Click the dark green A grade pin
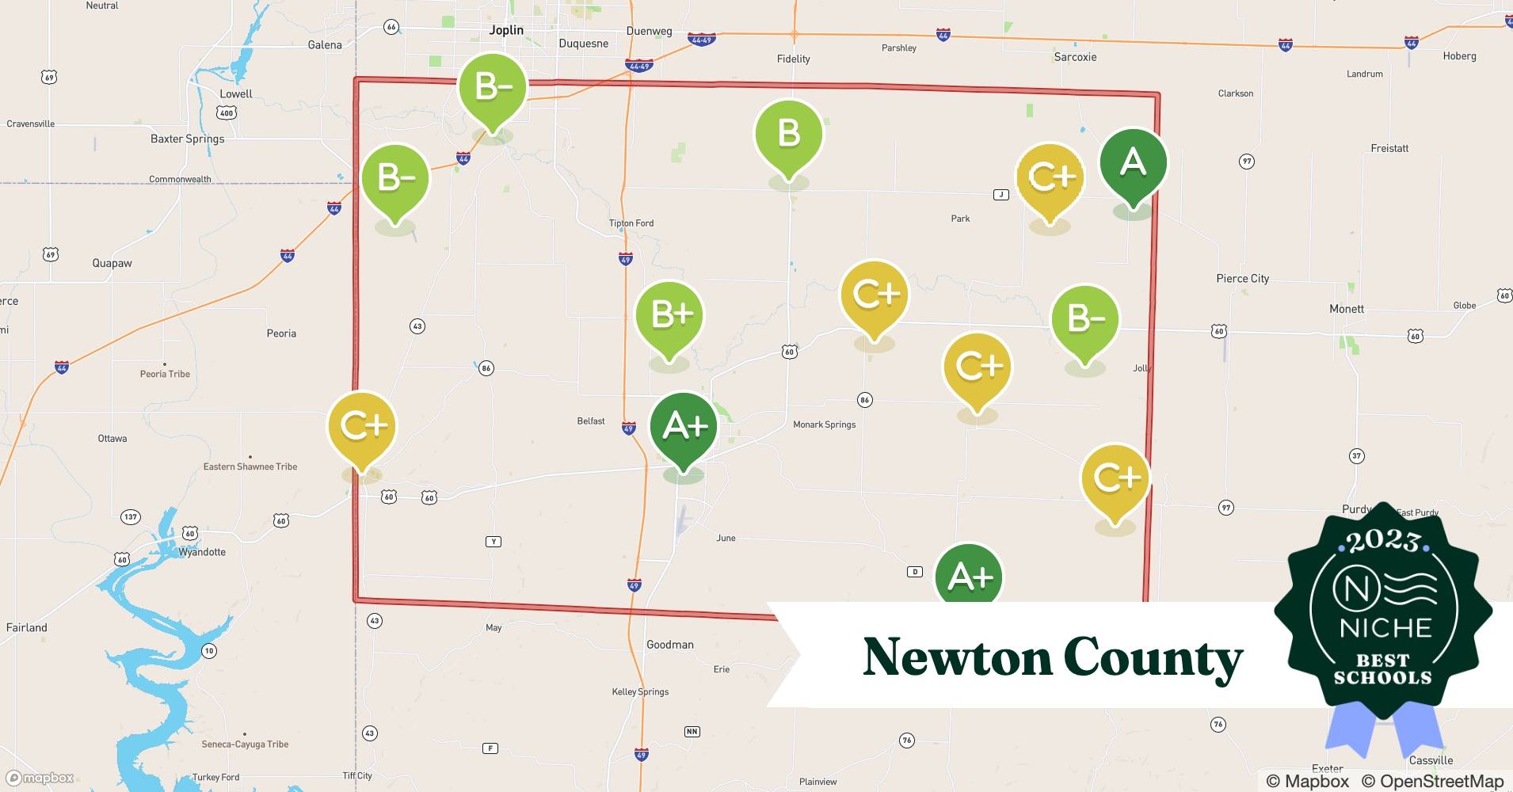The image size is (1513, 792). click(x=1133, y=164)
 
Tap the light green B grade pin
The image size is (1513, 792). click(x=788, y=135)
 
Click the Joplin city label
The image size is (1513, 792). click(x=506, y=30)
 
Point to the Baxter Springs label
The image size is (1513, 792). click(x=187, y=139)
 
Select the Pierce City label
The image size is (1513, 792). click(x=1242, y=279)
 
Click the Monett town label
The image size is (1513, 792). click(x=1346, y=309)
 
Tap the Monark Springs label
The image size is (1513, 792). click(x=824, y=425)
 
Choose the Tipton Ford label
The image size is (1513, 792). click(x=631, y=223)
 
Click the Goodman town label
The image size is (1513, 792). click(x=669, y=645)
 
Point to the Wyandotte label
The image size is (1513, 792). click(x=202, y=552)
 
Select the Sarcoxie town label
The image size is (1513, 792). click(x=1075, y=57)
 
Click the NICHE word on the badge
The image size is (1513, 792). click(x=1385, y=628)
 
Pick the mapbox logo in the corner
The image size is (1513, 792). click(x=41, y=778)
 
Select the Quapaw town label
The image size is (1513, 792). click(x=112, y=263)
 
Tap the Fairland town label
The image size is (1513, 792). click(x=27, y=627)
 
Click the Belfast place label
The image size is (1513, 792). click(x=591, y=421)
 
